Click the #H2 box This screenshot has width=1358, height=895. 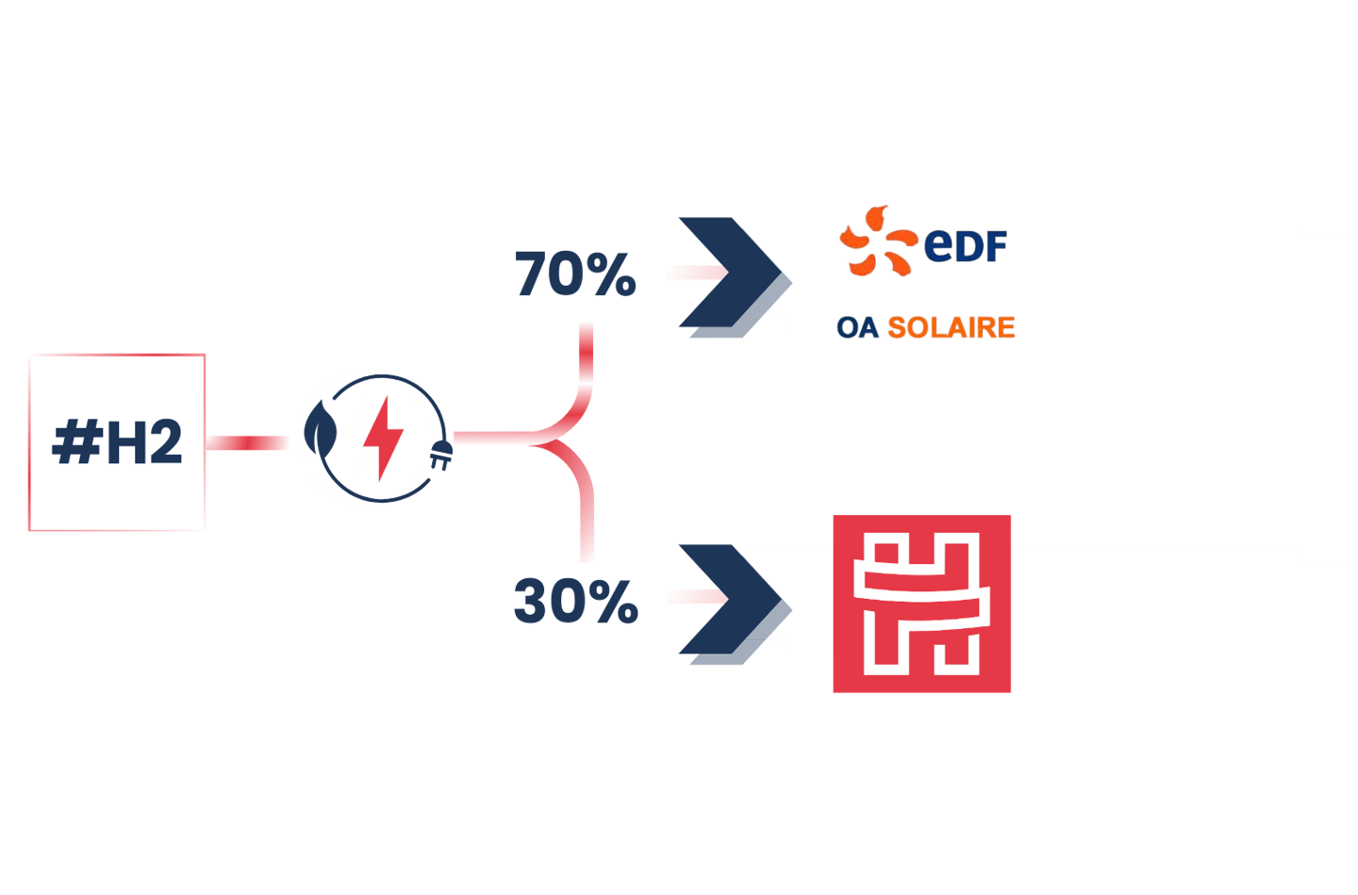click(x=117, y=442)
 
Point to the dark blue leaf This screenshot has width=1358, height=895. click(x=322, y=432)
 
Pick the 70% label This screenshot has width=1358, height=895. click(x=575, y=274)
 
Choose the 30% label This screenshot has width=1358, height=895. click(x=575, y=601)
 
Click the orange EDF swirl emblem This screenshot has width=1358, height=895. click(x=876, y=241)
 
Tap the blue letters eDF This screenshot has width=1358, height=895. click(x=966, y=245)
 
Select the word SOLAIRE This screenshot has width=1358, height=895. click(x=952, y=327)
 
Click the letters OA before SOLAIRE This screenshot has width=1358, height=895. click(x=857, y=327)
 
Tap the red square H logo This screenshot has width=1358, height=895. click(x=921, y=604)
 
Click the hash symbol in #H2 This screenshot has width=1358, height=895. click(x=75, y=442)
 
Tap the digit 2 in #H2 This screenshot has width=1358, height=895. click(x=164, y=442)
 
